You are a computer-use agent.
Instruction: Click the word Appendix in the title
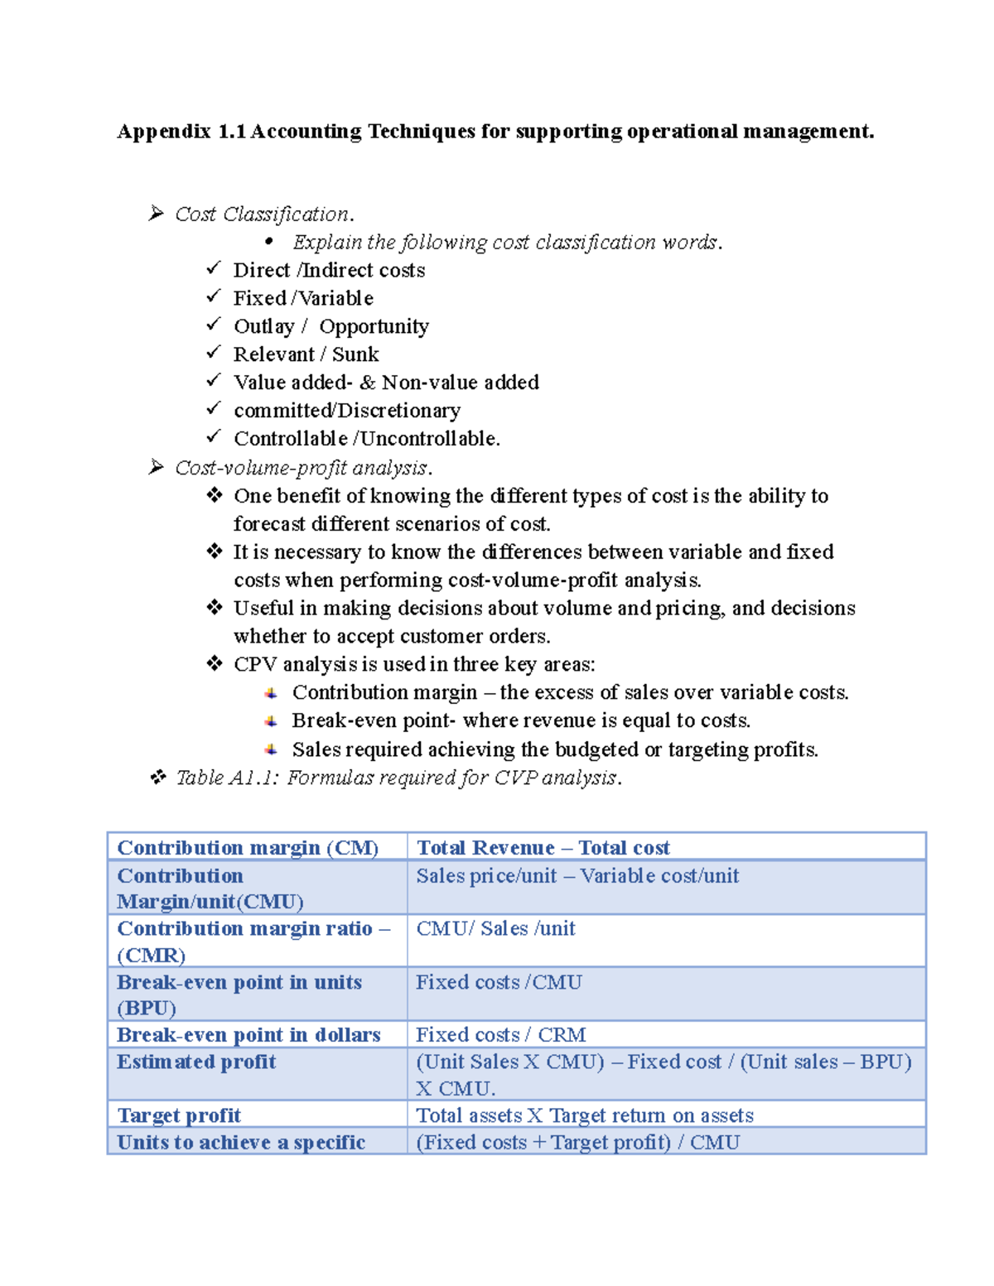[x=164, y=132]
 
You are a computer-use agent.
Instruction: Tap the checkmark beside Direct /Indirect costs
[x=214, y=268]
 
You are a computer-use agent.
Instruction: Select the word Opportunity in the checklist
[x=374, y=327]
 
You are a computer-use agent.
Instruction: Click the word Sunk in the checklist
[x=355, y=354]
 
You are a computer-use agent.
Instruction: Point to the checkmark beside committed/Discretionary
[x=214, y=408]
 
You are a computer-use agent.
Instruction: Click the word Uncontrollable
[x=429, y=439]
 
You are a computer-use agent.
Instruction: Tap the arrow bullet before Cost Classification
[x=156, y=214]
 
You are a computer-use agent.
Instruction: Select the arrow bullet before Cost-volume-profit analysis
[x=156, y=468]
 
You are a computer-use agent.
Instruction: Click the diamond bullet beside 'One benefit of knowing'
[x=215, y=495]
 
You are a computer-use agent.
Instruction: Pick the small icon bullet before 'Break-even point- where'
[x=271, y=721]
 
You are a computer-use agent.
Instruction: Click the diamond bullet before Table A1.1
[x=157, y=777]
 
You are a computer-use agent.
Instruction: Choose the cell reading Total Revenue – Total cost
[x=543, y=848]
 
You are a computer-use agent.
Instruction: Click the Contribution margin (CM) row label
[x=248, y=848]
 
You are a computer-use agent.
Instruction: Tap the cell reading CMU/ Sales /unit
[x=495, y=929]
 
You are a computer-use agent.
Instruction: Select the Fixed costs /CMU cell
[x=499, y=983]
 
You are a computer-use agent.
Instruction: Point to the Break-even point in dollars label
[x=248, y=1035]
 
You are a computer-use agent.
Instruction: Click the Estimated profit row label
[x=196, y=1062]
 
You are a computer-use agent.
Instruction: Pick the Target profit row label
[x=179, y=1115]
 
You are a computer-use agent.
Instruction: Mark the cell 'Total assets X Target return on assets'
[x=585, y=1115]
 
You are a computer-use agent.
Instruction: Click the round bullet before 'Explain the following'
[x=268, y=242]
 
